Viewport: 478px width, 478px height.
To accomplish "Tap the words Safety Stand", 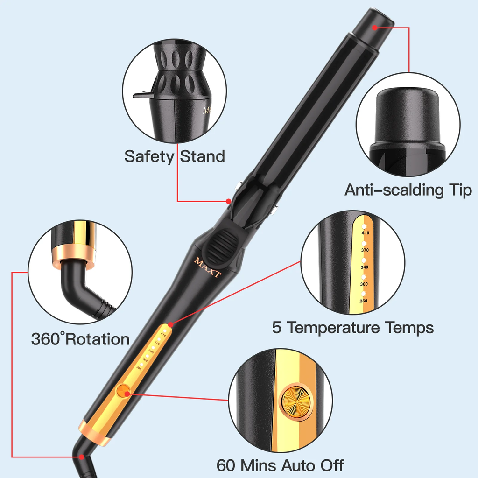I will point(175,156).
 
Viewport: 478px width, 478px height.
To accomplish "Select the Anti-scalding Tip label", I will point(408,190).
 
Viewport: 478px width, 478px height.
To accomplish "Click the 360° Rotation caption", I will point(80,339).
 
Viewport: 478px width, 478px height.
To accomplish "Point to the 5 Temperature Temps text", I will point(353,328).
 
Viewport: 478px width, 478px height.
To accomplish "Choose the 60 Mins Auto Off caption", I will point(280,465).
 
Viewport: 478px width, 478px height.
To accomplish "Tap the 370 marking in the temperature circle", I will point(365,250).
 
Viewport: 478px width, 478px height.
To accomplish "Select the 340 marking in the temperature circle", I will point(365,267).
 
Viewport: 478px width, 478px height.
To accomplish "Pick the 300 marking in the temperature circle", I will point(364,284).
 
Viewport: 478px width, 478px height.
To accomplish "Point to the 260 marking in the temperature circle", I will point(364,301).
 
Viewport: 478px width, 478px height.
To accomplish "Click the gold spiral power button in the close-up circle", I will point(296,401).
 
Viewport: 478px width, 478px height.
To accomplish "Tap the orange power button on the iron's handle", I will point(124,391).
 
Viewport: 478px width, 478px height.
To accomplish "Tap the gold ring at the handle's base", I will point(95,432).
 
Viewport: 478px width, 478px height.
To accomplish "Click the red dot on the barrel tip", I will point(375,28).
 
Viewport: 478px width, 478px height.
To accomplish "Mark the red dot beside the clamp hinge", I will point(228,201).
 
